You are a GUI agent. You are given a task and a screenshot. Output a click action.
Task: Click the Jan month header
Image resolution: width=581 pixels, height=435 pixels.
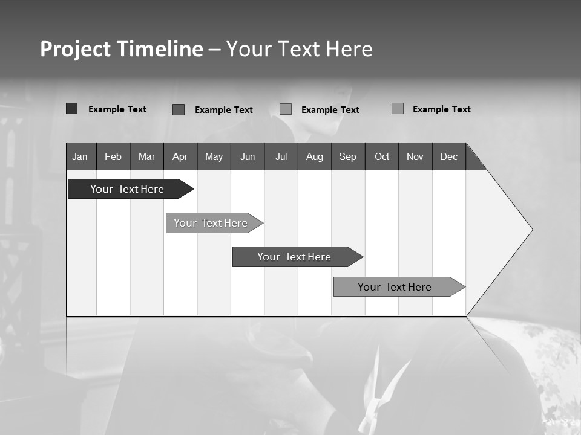[x=80, y=156]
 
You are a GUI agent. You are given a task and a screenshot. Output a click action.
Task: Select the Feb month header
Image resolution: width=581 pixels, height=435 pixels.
[x=113, y=156]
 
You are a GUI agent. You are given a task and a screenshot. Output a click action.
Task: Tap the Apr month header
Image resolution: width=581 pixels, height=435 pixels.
[x=180, y=156]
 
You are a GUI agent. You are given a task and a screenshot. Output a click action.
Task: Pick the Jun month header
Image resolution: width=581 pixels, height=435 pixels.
[x=247, y=156]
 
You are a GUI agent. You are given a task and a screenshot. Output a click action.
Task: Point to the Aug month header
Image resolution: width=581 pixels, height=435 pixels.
[x=314, y=156]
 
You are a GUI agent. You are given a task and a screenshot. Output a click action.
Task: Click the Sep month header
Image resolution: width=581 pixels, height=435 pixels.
[x=347, y=156]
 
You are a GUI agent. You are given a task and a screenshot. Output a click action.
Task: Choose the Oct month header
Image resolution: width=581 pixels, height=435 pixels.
[x=381, y=156]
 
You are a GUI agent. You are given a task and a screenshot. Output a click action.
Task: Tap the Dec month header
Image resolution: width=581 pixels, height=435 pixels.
[x=448, y=156]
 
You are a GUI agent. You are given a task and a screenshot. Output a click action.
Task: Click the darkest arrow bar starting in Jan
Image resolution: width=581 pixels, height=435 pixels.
[x=127, y=189]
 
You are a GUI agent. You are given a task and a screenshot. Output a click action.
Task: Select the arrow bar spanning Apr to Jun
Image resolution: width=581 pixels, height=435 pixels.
[x=211, y=223]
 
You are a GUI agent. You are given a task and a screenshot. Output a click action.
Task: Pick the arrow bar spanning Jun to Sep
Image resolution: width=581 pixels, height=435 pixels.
[x=294, y=257]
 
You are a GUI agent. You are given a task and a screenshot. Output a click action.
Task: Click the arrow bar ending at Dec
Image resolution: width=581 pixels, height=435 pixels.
[x=395, y=287]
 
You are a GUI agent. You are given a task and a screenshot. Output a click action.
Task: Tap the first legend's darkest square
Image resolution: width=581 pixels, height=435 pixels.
[x=71, y=109]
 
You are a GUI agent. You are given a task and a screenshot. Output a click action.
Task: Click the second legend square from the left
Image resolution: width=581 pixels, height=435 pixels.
[x=178, y=109]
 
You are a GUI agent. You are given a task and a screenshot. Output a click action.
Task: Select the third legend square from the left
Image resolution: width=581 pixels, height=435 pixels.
[x=286, y=109]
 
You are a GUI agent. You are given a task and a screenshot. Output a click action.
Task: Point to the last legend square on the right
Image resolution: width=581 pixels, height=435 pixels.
[x=397, y=109]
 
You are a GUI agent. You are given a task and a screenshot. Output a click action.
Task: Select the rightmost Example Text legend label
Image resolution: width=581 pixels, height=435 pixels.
[x=441, y=109]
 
